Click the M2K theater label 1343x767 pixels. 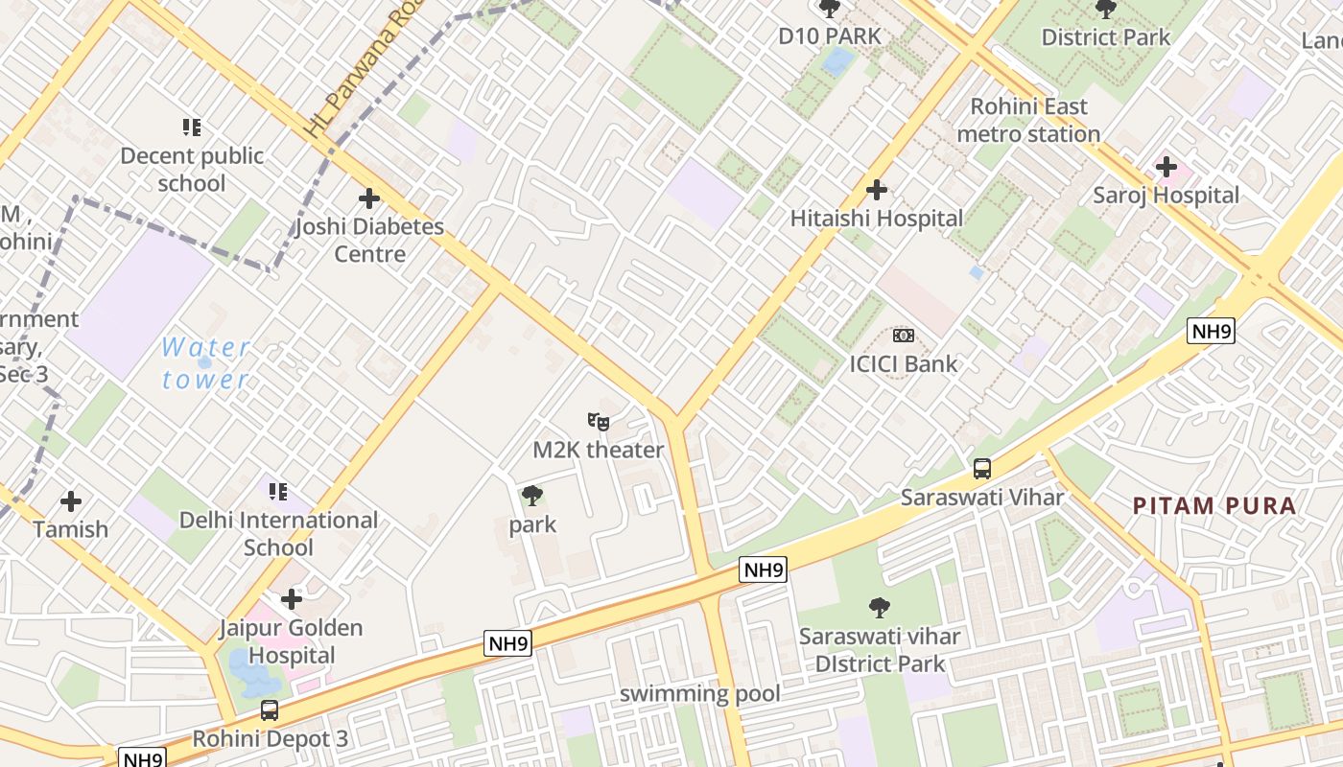click(x=599, y=450)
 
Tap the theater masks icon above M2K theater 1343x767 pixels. click(x=599, y=421)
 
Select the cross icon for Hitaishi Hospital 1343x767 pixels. click(x=876, y=190)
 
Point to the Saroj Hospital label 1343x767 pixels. click(x=1166, y=196)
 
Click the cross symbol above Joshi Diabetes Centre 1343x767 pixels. click(x=369, y=198)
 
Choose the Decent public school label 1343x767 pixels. click(x=192, y=169)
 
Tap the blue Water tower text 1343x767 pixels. click(x=205, y=363)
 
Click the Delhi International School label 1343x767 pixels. click(x=278, y=534)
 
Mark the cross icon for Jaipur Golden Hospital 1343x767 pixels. click(x=292, y=599)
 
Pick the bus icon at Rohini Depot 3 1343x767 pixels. click(x=270, y=710)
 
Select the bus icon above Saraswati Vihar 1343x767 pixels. click(x=982, y=469)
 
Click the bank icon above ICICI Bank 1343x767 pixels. click(x=904, y=336)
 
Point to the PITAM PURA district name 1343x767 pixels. click(x=1214, y=506)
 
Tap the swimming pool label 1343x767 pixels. click(x=699, y=693)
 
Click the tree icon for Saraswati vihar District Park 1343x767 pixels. click(x=879, y=607)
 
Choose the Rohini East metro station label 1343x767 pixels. click(x=1028, y=120)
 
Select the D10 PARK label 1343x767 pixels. click(x=829, y=36)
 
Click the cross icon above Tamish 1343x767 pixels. click(x=71, y=500)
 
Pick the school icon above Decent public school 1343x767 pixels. click(x=192, y=127)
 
